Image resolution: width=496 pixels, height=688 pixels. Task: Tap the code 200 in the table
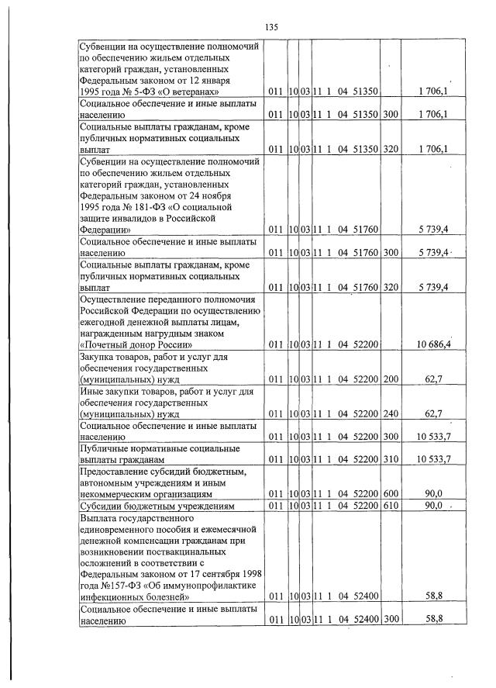coord(390,380)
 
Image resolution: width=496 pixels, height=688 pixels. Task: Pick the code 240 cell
coord(390,415)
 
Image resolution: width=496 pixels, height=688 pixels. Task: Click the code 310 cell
coord(390,460)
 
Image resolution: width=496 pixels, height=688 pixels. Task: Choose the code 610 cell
coord(390,506)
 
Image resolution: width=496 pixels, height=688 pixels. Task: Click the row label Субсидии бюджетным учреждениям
coord(156,506)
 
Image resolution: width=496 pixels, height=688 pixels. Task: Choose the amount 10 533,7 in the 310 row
coord(434,460)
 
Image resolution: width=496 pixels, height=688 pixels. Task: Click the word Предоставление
coord(118,472)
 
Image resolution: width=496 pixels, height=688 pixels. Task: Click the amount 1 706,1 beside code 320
coord(434,149)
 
